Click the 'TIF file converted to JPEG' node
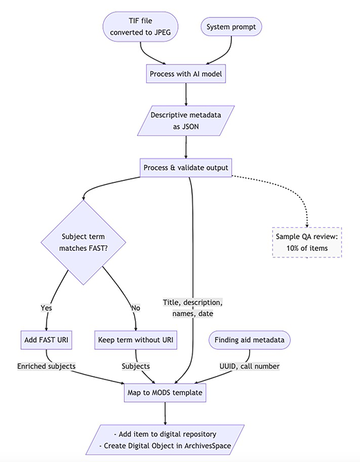141,26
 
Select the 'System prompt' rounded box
231,27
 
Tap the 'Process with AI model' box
186,73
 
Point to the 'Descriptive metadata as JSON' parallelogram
186,121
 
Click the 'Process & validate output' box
186,168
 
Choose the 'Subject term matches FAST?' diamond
83,242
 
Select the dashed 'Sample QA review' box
307,242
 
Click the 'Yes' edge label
46,308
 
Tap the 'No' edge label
136,308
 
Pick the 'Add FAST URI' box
46,340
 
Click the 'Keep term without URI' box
136,340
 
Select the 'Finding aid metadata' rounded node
249,340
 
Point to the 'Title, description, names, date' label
192,308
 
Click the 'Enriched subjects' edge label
46,366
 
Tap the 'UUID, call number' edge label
249,366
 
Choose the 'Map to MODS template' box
165,393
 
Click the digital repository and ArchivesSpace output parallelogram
165,440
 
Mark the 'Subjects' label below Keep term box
136,366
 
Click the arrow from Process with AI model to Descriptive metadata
186,94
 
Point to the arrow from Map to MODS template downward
165,414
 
